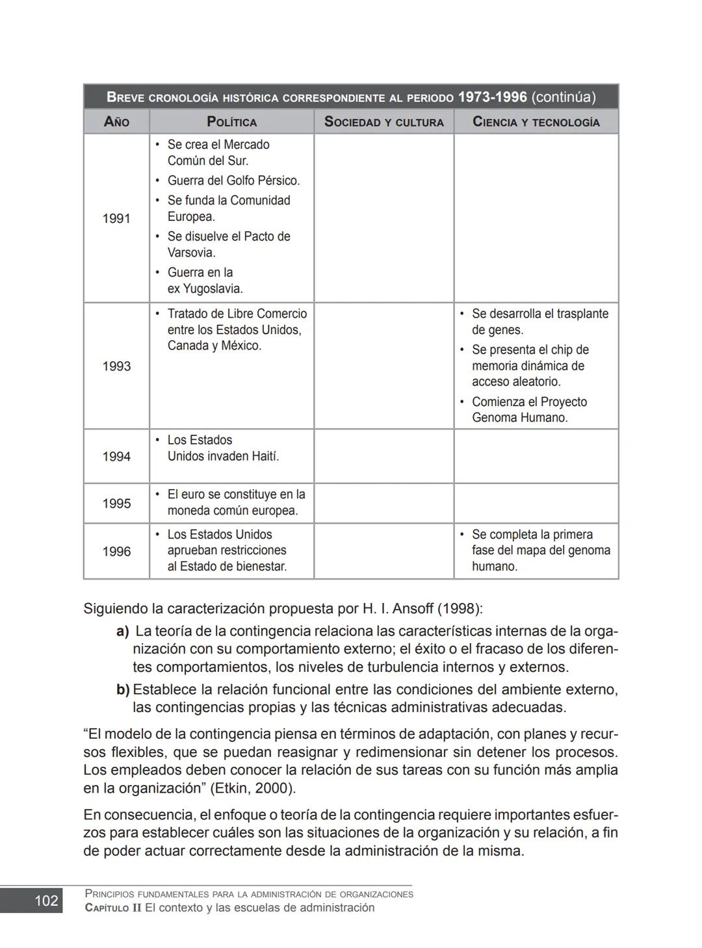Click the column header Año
click(116, 122)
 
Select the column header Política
click(231, 122)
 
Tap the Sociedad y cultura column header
click(383, 122)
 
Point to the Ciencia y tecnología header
click(536, 122)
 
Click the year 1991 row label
click(116, 218)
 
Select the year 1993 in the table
click(116, 366)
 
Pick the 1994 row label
click(116, 456)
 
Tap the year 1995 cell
click(116, 504)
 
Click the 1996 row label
click(116, 551)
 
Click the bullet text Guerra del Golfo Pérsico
click(233, 181)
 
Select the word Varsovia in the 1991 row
click(191, 253)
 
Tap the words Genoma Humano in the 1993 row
click(519, 418)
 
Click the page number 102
click(46, 901)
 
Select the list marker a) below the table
click(123, 631)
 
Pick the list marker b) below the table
click(123, 689)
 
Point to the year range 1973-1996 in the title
click(492, 97)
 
